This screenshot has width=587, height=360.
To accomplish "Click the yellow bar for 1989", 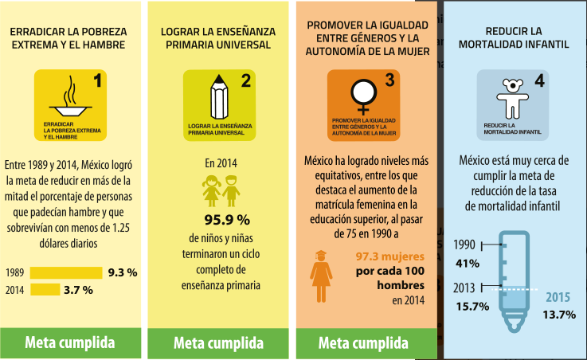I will (x=66, y=272).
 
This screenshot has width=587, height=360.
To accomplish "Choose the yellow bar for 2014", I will (x=45, y=290).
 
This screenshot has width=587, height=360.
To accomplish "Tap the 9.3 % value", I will (x=123, y=272).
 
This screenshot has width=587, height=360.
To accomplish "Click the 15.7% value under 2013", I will (x=472, y=306).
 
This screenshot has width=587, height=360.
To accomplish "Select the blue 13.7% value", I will (x=559, y=315).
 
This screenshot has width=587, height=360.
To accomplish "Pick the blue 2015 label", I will (x=558, y=297).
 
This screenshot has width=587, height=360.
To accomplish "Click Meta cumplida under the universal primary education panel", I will (x=218, y=343).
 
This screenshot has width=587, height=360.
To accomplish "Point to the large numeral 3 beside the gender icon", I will (x=389, y=80).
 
